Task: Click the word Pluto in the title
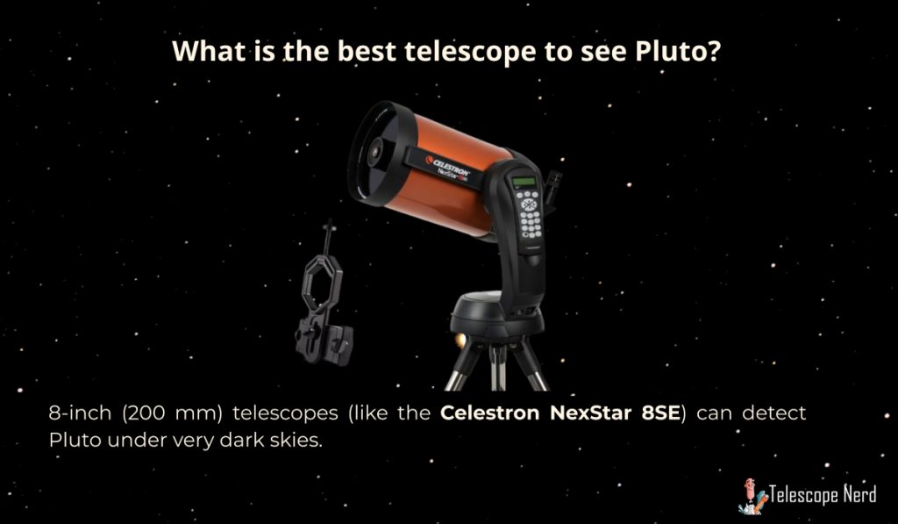pyautogui.click(x=677, y=51)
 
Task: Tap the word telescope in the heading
pyautogui.click(x=470, y=53)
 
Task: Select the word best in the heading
pyautogui.click(x=367, y=51)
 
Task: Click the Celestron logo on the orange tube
pyautogui.click(x=447, y=164)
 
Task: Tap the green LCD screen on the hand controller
pyautogui.click(x=524, y=182)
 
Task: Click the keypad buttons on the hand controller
pyautogui.click(x=529, y=213)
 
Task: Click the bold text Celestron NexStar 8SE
pyautogui.click(x=560, y=413)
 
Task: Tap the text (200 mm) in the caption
pyautogui.click(x=172, y=413)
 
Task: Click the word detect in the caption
pyautogui.click(x=773, y=413)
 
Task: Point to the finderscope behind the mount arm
pyautogui.click(x=552, y=186)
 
